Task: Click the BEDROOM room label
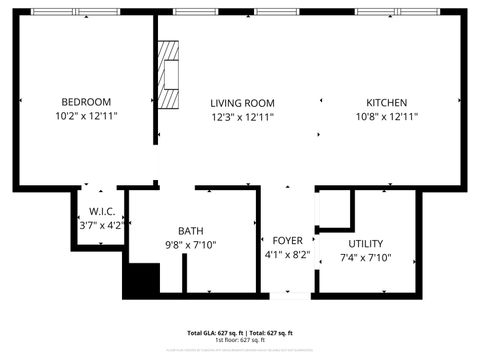pos(86,102)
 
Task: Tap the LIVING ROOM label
pos(242,103)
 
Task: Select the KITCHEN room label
pos(386,103)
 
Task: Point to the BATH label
pos(190,230)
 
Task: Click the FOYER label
pos(288,241)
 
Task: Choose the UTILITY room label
pos(365,244)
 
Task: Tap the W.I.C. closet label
pos(101,212)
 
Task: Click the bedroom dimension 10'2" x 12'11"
pos(86,116)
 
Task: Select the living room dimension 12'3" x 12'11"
pos(242,117)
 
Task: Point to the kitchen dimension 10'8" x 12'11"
pos(386,117)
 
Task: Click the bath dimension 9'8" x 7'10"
pos(190,245)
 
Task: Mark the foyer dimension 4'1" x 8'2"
pos(288,255)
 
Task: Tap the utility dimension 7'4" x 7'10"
pos(365,258)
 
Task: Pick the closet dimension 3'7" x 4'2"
pos(101,226)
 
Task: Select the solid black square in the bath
pos(141,280)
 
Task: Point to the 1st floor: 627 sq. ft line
pos(240,340)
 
